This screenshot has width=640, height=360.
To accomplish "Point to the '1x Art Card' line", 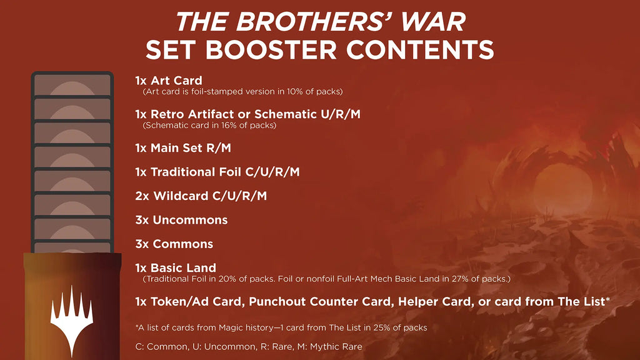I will tap(169, 81).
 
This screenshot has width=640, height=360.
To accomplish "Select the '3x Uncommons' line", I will tap(181, 220).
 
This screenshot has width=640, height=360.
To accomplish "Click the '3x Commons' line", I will tap(174, 244).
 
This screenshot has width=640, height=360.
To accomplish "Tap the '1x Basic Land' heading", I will tap(176, 268).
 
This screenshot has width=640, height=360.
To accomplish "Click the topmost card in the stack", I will tap(72, 85).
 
